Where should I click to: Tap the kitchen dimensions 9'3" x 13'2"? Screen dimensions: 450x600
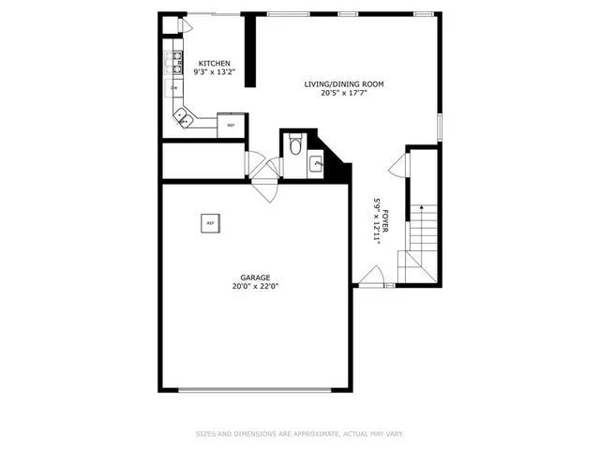214,72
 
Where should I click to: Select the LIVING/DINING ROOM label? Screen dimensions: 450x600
344,84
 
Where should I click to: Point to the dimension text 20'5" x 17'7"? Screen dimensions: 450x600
344,93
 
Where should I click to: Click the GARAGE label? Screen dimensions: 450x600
255,277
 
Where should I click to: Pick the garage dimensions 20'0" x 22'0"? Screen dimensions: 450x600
255,286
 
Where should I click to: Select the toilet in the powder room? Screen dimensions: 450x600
294,145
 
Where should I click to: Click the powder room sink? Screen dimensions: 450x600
317,165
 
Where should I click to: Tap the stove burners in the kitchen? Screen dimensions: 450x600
174,63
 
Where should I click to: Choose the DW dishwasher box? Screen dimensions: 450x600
174,88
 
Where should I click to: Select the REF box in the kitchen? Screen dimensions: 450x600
231,125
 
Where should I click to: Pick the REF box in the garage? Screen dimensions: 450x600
210,223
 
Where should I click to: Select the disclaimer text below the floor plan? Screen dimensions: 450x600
300,433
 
